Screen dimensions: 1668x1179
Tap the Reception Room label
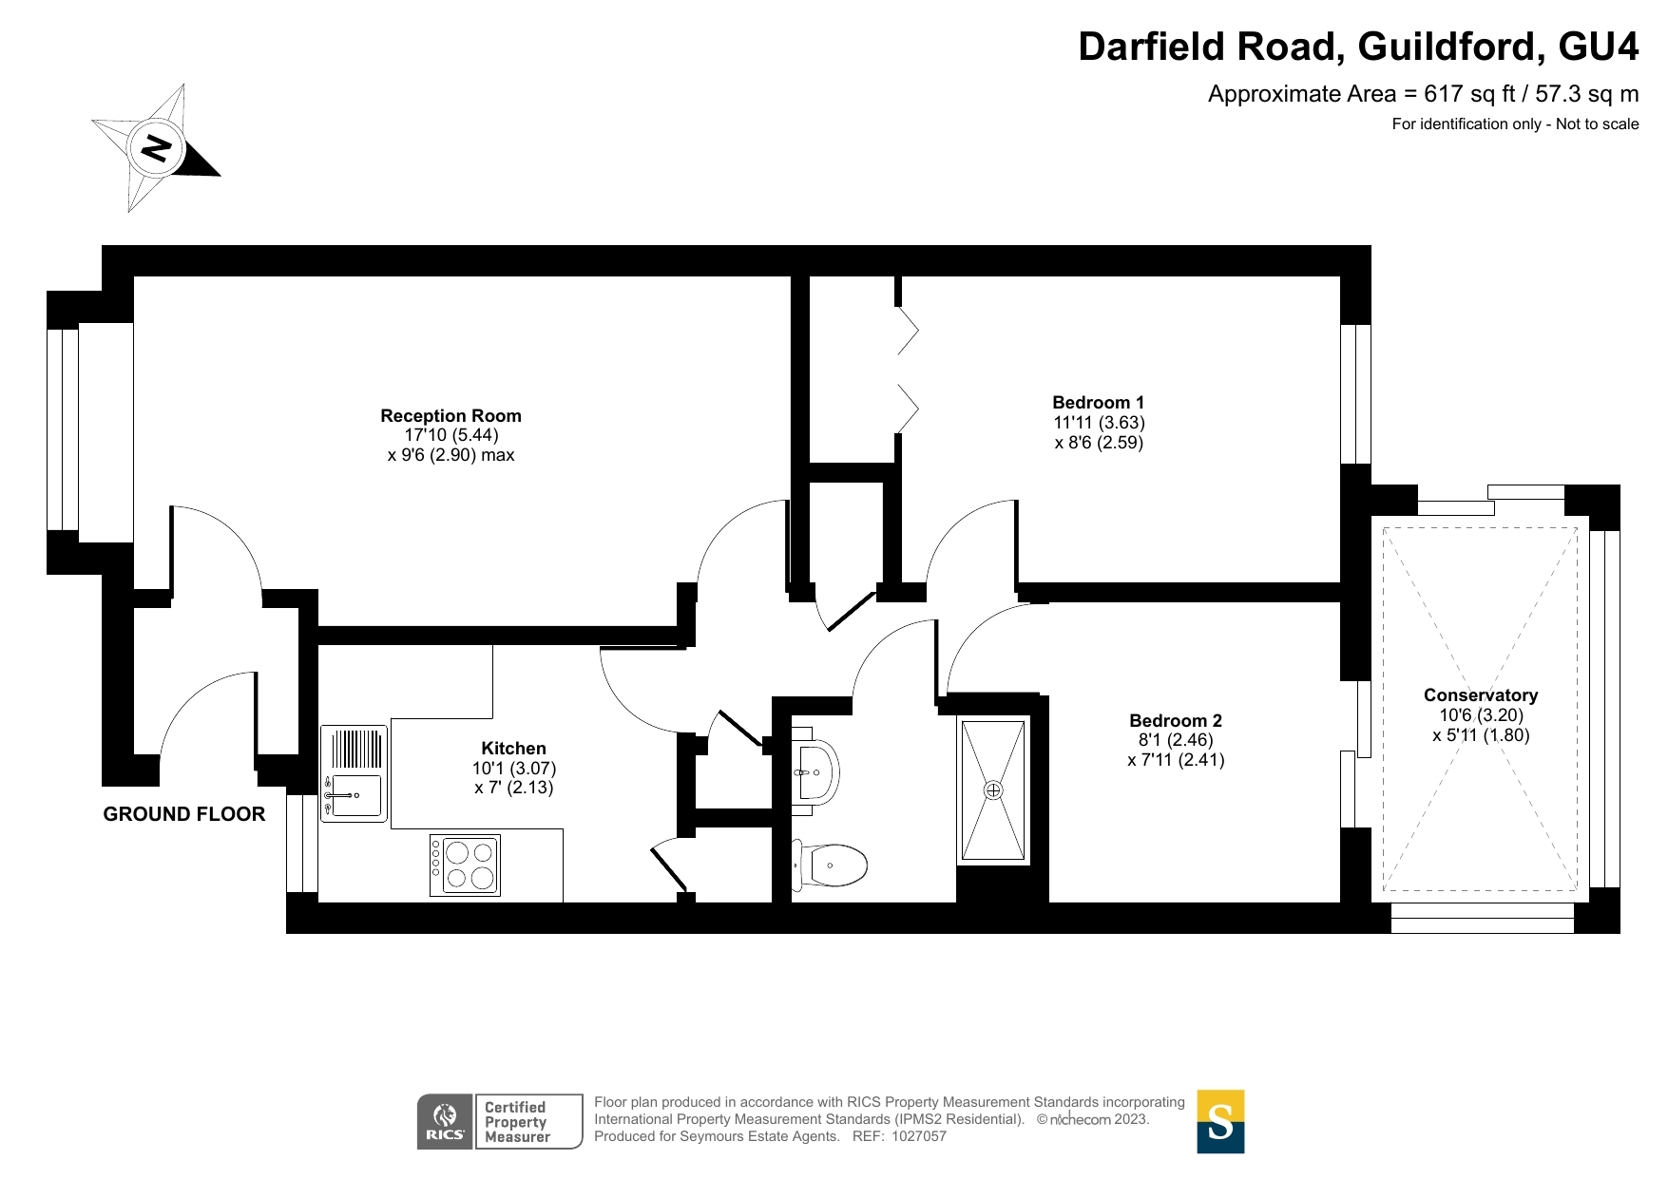point(451,415)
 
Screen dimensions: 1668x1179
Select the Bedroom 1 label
point(1098,402)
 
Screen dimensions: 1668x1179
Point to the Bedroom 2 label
point(1176,720)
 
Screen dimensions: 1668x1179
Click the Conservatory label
point(1481,694)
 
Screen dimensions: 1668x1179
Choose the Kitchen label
point(513,748)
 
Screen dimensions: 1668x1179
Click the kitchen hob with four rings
point(465,865)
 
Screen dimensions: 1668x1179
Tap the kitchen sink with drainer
point(354,773)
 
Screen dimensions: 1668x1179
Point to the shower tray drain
point(993,790)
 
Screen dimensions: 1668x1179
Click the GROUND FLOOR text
point(184,814)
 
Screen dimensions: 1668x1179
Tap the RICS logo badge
point(445,1121)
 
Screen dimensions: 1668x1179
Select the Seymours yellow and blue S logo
point(1220,1121)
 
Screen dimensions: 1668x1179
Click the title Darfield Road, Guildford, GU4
point(1358,47)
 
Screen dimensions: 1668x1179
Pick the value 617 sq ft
point(1469,94)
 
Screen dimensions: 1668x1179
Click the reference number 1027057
point(919,1136)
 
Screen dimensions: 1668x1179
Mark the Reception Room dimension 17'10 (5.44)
point(451,435)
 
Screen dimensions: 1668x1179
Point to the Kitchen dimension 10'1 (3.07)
point(514,768)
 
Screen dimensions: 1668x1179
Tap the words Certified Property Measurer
point(517,1122)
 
